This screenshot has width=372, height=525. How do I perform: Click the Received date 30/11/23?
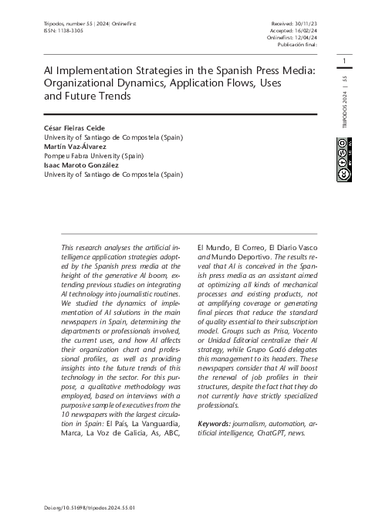[x=302, y=24]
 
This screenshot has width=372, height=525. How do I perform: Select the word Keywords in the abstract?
[x=215, y=423]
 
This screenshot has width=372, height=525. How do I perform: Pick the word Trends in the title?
[x=114, y=97]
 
